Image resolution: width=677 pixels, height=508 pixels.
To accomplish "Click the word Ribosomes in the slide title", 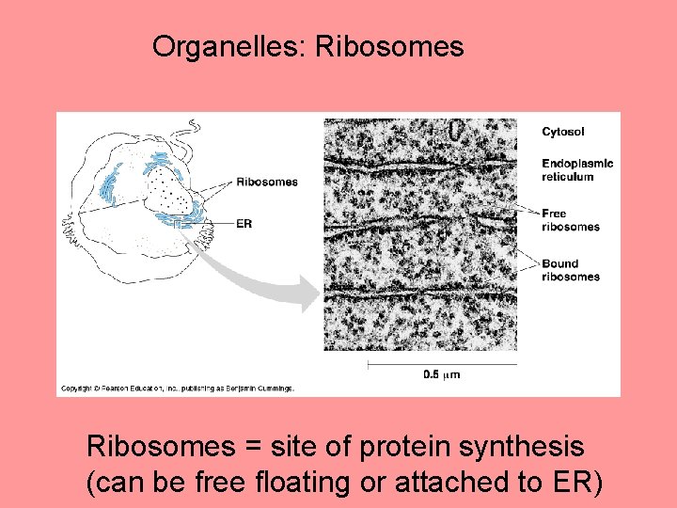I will pyautogui.click(x=389, y=46).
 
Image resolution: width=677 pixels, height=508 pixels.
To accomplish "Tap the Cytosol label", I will pyautogui.click(x=562, y=132).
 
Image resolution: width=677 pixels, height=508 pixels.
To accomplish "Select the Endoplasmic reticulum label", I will pyautogui.click(x=576, y=169).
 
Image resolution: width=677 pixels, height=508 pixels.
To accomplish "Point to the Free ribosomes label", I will pyautogui.click(x=570, y=220).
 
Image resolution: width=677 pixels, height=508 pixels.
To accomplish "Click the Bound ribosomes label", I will pyautogui.click(x=570, y=270).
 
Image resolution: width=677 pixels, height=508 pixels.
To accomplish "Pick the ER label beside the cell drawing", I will pyautogui.click(x=244, y=223).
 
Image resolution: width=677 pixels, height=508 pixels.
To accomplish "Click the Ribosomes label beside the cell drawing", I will pyautogui.click(x=266, y=182).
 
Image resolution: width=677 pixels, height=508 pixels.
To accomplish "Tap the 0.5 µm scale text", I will pyautogui.click(x=441, y=374).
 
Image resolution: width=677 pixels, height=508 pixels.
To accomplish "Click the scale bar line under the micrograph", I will pyautogui.click(x=442, y=363).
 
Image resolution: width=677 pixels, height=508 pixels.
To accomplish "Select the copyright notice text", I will pyautogui.click(x=178, y=388).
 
